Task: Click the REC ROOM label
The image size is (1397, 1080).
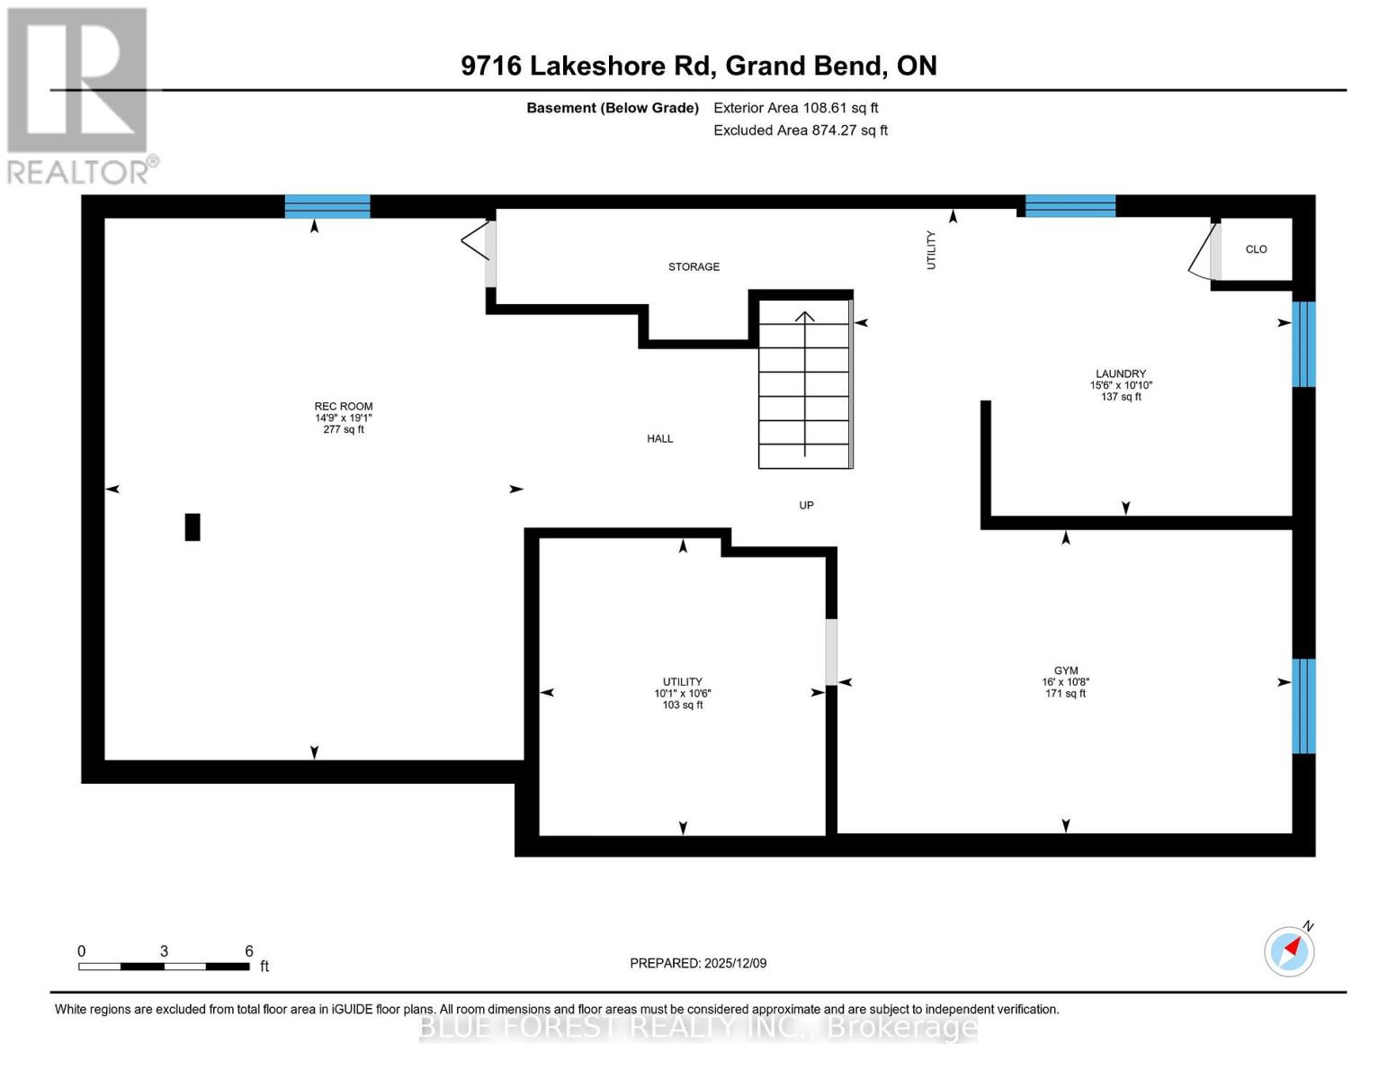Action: point(343,407)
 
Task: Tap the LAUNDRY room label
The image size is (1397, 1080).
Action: point(1120,373)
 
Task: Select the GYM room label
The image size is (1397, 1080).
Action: point(1065,670)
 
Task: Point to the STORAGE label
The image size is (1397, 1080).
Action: point(694,266)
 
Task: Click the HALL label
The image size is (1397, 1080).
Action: point(659,438)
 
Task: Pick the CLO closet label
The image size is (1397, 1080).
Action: point(1256,249)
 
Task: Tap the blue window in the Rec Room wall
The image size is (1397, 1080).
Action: point(327,206)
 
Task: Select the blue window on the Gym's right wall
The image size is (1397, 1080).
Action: point(1303,706)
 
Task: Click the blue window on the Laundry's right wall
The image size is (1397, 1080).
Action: point(1303,344)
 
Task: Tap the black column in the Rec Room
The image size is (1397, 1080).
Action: point(193,526)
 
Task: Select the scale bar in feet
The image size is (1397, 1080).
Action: point(164,966)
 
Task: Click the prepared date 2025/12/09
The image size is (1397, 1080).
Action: point(698,963)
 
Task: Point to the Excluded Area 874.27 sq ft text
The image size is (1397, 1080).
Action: point(801,130)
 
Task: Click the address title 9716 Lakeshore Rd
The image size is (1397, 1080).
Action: point(698,66)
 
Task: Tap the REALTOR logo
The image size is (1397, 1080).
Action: point(79,94)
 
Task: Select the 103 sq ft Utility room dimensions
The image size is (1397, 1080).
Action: point(682,694)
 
